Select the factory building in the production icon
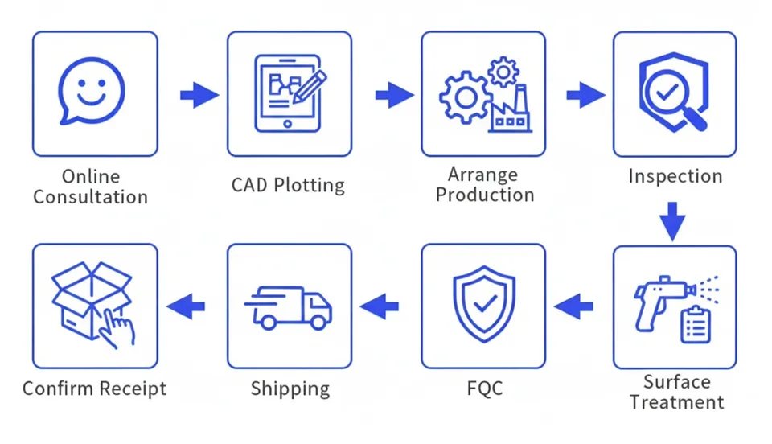510,111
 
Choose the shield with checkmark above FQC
483,305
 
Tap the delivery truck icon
289,307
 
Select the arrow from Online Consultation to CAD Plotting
198,95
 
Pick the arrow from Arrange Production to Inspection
585,95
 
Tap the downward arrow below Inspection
674,220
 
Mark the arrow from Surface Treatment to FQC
574,306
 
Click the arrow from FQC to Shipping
380,306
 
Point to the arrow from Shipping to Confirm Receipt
186,306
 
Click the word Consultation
91,197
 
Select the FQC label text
484,388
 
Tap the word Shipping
289,389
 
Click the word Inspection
675,176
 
